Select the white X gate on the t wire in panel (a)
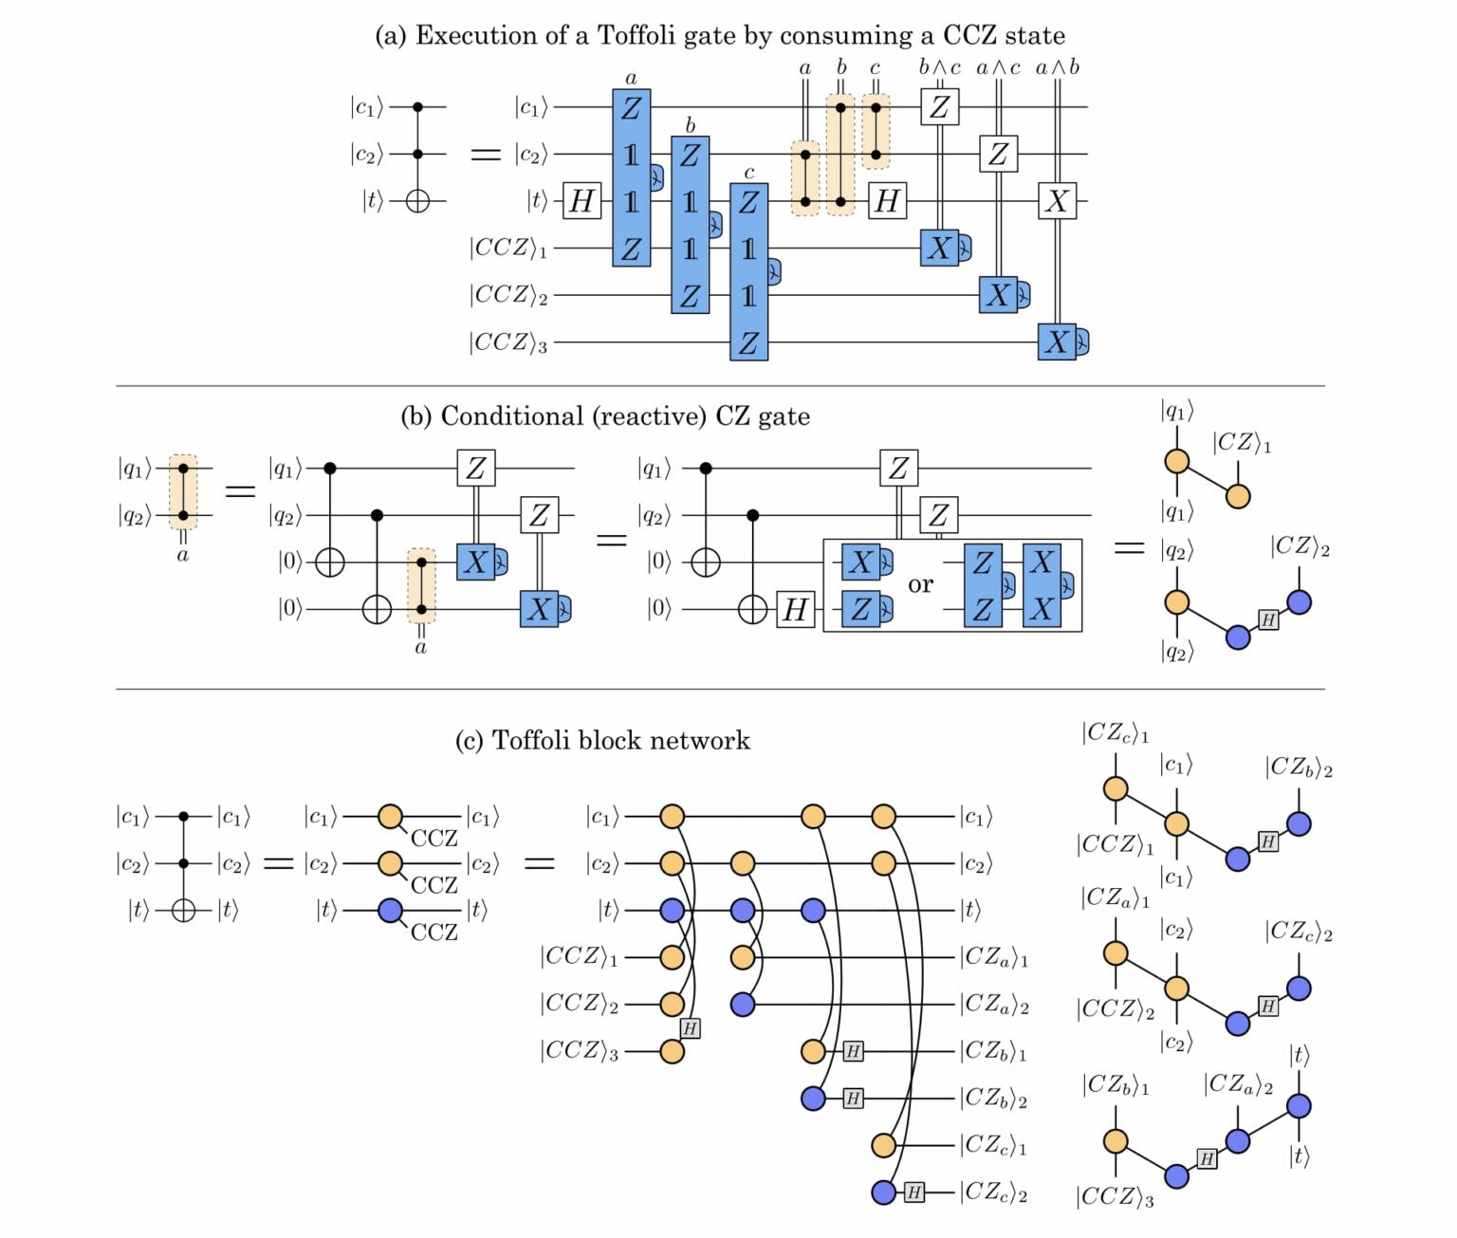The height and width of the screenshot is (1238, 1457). tap(1057, 201)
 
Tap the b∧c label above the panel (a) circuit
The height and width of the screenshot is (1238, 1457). tap(939, 67)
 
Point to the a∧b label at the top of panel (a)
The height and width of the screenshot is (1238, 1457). tap(1057, 67)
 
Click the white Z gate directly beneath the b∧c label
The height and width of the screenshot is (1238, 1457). tap(939, 107)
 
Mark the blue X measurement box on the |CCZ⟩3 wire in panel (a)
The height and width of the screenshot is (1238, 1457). tap(1058, 342)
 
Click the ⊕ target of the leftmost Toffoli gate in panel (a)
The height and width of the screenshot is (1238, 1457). tap(417, 201)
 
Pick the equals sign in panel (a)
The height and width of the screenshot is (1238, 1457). tap(486, 155)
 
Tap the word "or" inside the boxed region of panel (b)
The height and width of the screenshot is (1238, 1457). tap(920, 584)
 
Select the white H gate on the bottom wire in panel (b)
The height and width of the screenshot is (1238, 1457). tap(795, 610)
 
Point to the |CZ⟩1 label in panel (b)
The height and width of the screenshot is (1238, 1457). tap(1241, 443)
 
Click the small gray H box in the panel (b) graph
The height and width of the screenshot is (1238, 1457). tap(1268, 620)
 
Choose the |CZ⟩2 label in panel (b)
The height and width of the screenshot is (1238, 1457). tap(1300, 546)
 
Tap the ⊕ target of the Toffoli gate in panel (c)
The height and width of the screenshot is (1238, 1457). tap(183, 911)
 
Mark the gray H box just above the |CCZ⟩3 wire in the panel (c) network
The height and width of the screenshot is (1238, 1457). tap(691, 1028)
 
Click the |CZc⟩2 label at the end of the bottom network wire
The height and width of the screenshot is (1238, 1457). tap(993, 1192)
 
